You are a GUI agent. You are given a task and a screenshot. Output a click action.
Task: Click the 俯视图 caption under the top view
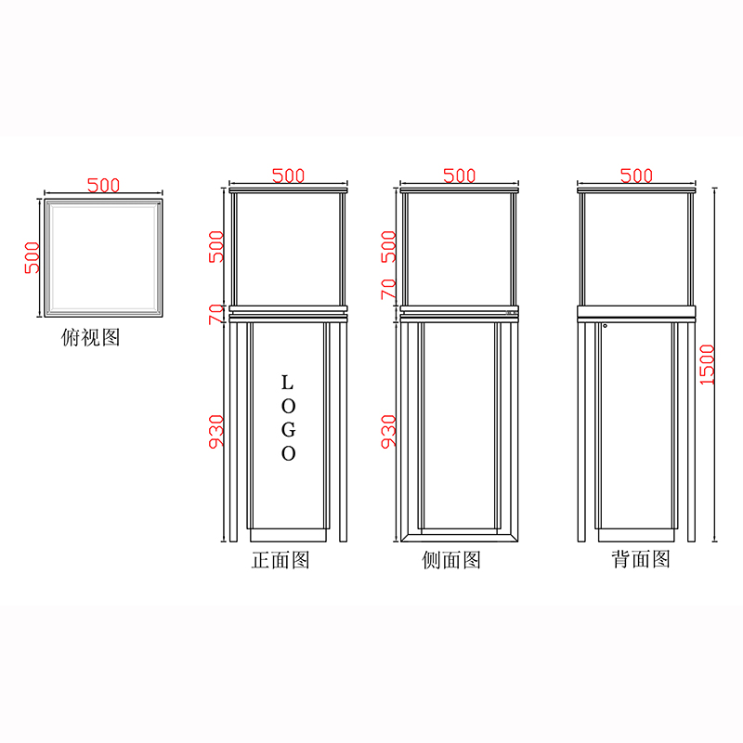(90, 337)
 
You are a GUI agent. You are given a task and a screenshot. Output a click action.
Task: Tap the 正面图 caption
(280, 560)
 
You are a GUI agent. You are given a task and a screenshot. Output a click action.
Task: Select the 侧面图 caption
(451, 560)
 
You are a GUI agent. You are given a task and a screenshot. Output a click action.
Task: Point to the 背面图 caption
(640, 560)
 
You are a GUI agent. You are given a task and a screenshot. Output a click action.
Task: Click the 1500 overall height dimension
(707, 366)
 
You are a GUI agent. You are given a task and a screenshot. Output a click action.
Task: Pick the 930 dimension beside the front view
(216, 431)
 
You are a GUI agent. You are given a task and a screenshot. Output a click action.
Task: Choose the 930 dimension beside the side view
(388, 431)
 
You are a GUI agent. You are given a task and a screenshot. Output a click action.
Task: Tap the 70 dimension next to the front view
(216, 313)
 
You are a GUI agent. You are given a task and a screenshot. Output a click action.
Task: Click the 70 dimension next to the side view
(388, 289)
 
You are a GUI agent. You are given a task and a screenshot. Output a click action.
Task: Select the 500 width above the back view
(636, 176)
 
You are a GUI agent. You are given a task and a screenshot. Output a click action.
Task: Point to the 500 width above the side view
(459, 176)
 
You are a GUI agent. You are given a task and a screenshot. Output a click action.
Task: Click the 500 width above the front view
(289, 176)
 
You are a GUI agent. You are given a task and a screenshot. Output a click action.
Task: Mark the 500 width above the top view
(103, 185)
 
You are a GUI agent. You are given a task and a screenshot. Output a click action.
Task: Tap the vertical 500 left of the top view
(32, 256)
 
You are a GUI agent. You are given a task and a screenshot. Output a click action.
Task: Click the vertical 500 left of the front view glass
(216, 246)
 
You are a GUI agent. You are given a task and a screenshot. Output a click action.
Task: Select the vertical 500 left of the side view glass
(388, 246)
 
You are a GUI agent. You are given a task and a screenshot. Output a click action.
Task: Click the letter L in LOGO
(287, 382)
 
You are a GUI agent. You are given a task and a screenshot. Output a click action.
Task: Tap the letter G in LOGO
(288, 429)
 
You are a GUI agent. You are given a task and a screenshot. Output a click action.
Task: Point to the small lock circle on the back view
(605, 325)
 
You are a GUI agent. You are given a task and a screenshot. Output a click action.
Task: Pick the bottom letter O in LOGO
(288, 454)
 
